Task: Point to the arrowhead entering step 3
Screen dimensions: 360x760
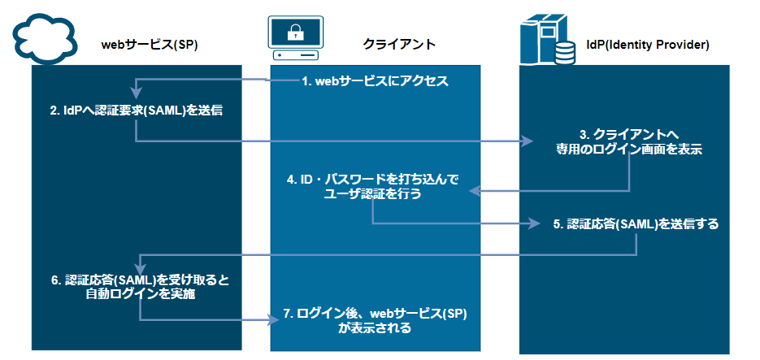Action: click(x=523, y=141)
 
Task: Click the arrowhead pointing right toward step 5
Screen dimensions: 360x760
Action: click(x=534, y=223)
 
